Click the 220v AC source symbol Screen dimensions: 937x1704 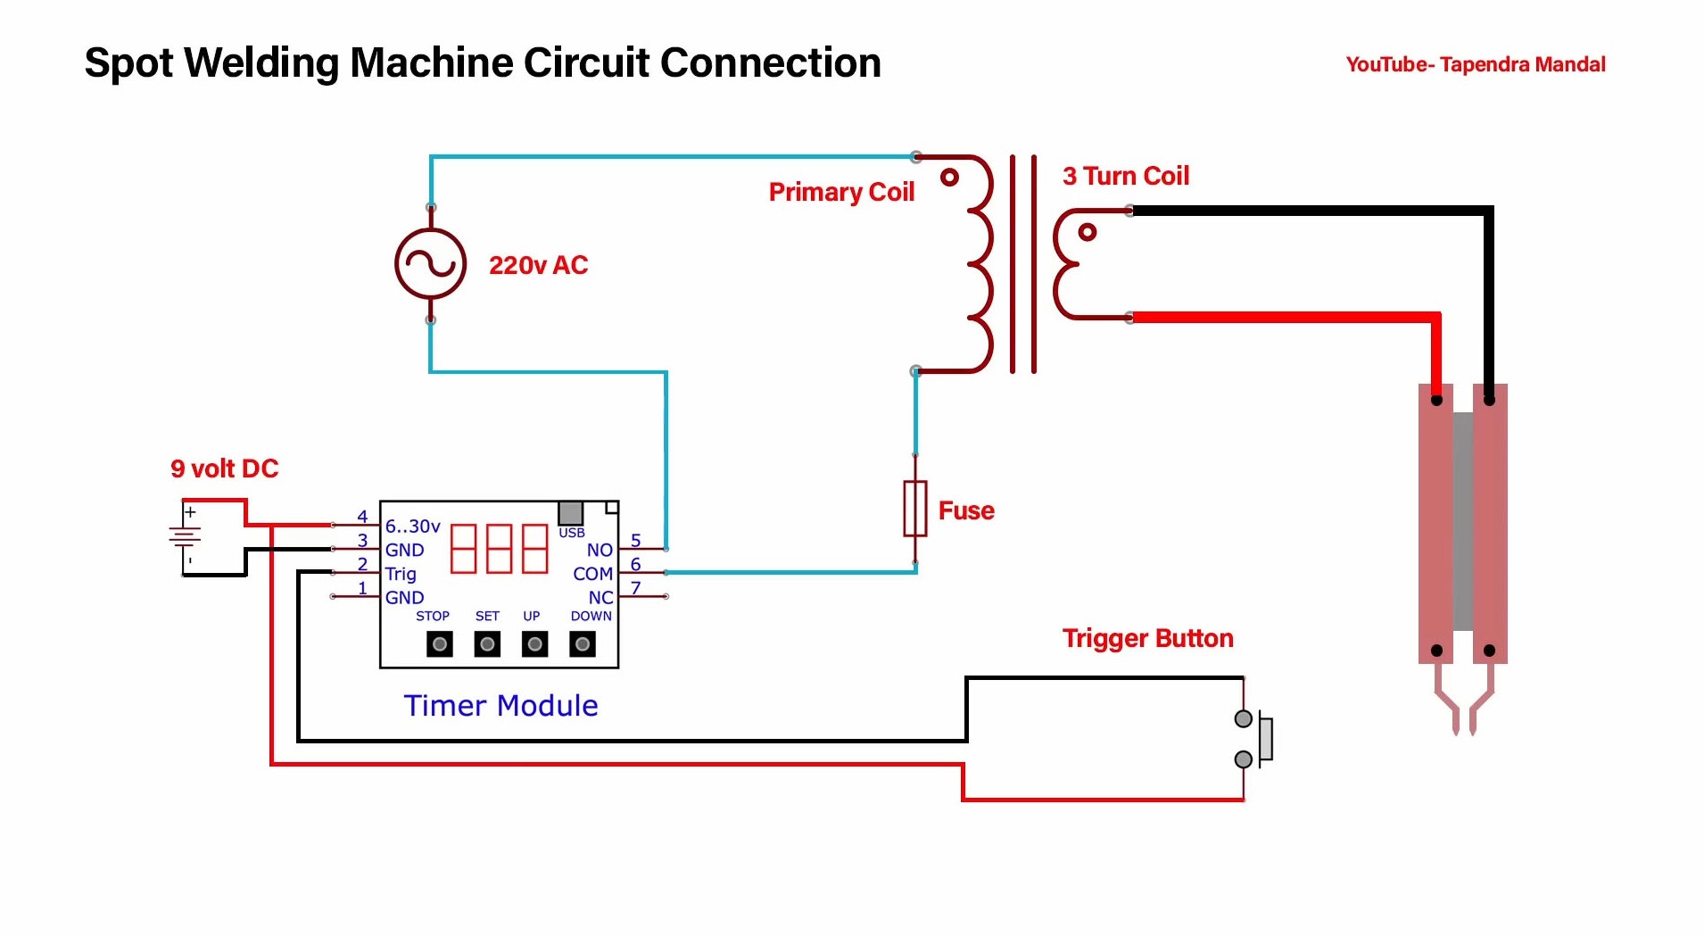[430, 264]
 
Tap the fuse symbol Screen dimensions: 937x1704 [914, 509]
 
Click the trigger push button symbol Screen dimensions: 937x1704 [1256, 739]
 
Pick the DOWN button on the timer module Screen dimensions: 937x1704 [582, 644]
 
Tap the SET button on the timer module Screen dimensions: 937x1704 [487, 644]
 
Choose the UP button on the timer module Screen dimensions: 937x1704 [534, 644]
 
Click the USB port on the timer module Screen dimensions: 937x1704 [570, 513]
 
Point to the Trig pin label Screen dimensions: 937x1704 [401, 574]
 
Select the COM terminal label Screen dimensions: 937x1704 [592, 574]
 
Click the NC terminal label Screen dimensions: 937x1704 [600, 598]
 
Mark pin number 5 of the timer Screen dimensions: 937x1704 [635, 541]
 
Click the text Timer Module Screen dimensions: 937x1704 [500, 706]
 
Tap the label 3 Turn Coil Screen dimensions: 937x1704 [1125, 176]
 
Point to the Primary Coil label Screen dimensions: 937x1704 [841, 192]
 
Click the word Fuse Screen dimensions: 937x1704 [966, 510]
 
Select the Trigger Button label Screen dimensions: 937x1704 [1147, 638]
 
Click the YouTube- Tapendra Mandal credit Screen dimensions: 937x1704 [1475, 64]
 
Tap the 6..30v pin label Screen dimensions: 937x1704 [412, 527]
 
